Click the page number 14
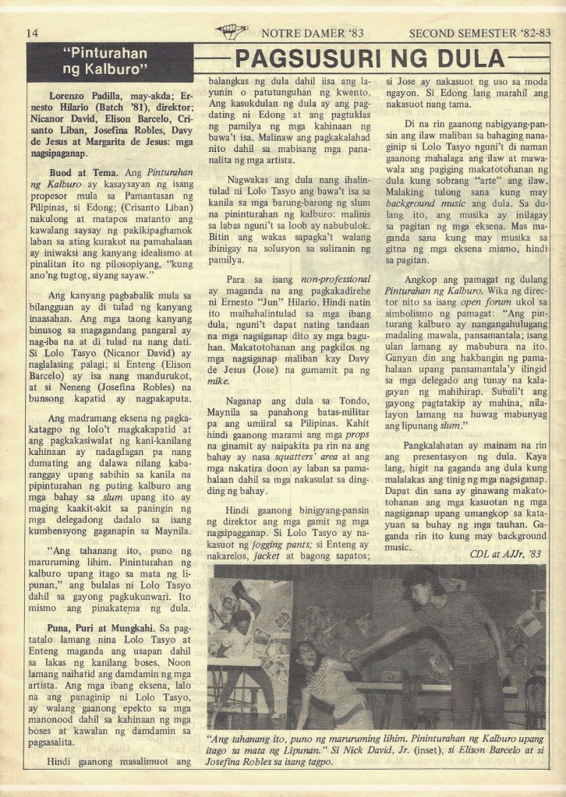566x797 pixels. (x=32, y=33)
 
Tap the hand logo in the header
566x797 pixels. (x=232, y=31)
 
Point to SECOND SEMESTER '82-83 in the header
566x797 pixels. (x=479, y=33)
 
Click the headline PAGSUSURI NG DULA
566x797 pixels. (x=370, y=58)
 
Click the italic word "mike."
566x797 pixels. (x=218, y=381)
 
